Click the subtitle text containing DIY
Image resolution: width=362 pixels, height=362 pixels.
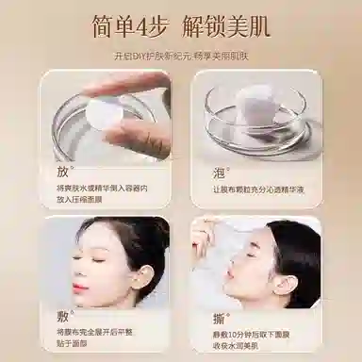point(180,55)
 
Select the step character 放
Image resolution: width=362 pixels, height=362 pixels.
point(63,171)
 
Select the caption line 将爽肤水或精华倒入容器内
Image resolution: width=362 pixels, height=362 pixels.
point(102,188)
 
